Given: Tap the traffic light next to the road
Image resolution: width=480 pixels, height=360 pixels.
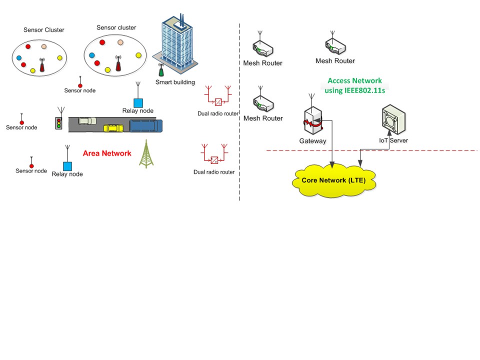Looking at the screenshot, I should point(59,123).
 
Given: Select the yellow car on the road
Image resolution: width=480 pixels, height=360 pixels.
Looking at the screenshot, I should point(113,128).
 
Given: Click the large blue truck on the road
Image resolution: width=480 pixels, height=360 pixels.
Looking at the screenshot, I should point(145,125).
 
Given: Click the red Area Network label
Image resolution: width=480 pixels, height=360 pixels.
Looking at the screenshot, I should point(107,153).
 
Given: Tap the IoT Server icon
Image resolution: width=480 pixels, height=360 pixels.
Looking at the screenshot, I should point(393,120).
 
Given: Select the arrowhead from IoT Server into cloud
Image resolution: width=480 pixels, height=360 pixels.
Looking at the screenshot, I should point(359,163).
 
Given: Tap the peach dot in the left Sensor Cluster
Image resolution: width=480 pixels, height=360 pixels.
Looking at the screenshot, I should point(44,46).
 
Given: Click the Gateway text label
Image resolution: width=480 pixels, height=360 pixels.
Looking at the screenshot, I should point(312,141).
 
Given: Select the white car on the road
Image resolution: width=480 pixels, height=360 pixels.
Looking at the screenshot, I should point(87,120).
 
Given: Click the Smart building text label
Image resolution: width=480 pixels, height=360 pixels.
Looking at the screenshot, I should point(175,82).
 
